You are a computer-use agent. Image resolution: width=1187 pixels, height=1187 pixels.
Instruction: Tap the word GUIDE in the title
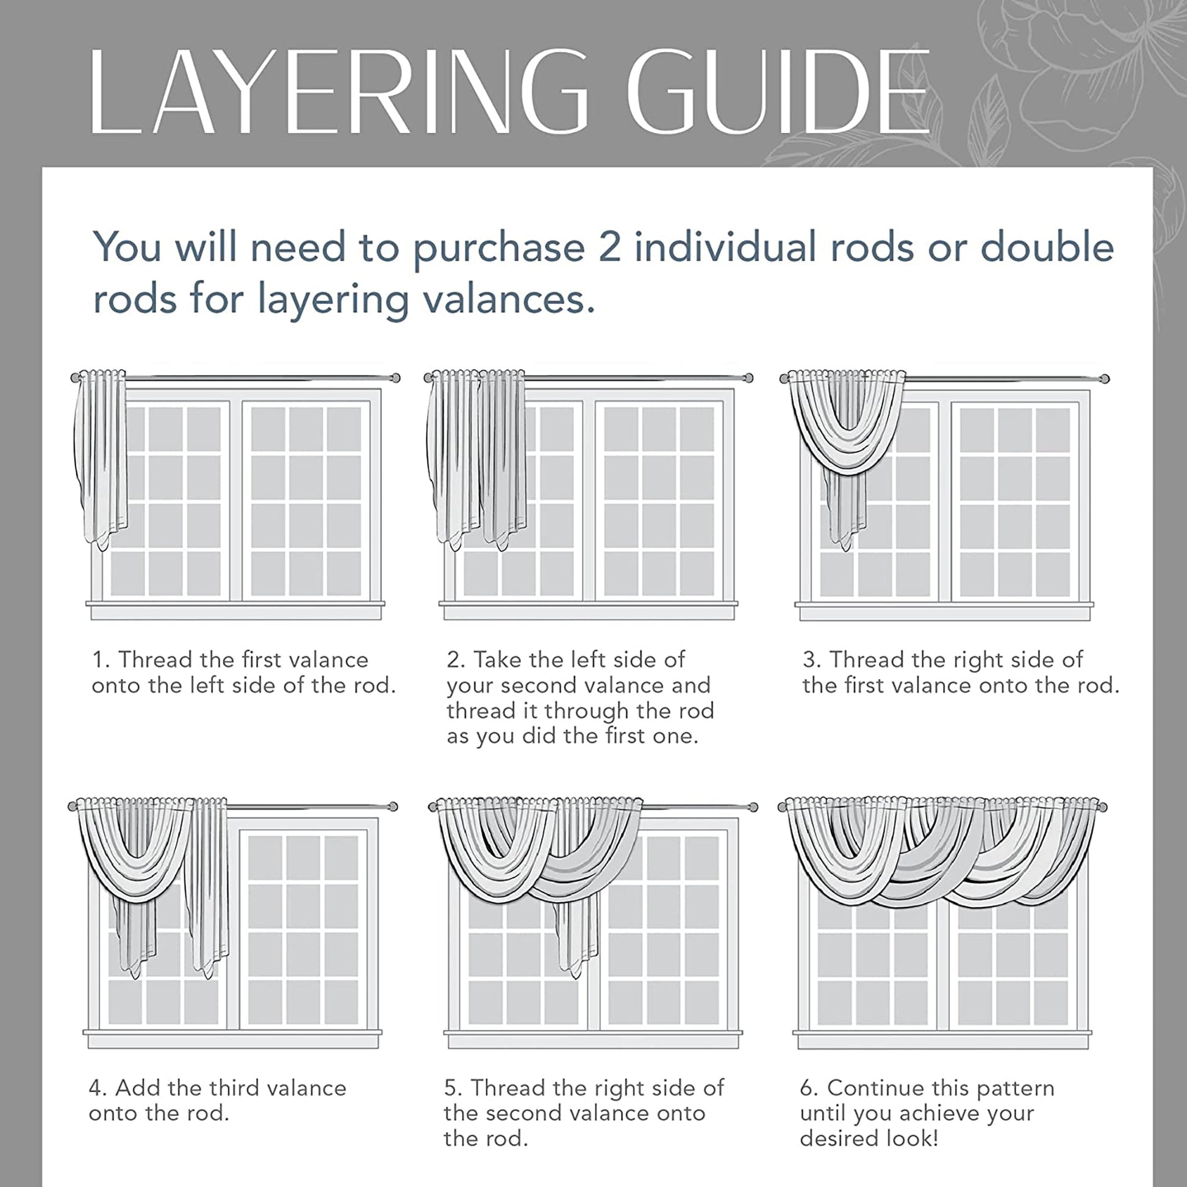coord(778,92)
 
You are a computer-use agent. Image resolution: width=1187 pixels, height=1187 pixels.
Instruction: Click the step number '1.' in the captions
coord(101,660)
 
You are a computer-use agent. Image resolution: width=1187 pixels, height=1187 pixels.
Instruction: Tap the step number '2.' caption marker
coord(455,660)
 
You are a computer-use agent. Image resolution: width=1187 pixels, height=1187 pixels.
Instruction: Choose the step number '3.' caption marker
coord(811,660)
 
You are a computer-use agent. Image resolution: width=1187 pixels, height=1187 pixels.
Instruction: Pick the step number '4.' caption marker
coord(98,1088)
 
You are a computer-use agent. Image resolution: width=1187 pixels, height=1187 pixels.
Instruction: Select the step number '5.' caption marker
coord(453,1088)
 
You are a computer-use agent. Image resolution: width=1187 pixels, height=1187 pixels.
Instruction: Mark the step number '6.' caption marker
coord(809,1088)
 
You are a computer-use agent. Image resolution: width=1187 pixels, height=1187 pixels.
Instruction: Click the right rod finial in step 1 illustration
coord(396,377)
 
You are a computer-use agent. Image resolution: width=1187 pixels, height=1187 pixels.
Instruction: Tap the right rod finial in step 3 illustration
coord(1105,378)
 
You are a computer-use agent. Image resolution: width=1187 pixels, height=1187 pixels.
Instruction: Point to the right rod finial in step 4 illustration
coord(393,806)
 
